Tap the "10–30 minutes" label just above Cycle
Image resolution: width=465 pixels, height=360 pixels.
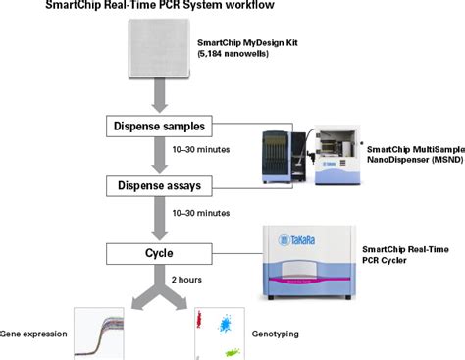tap(201, 213)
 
